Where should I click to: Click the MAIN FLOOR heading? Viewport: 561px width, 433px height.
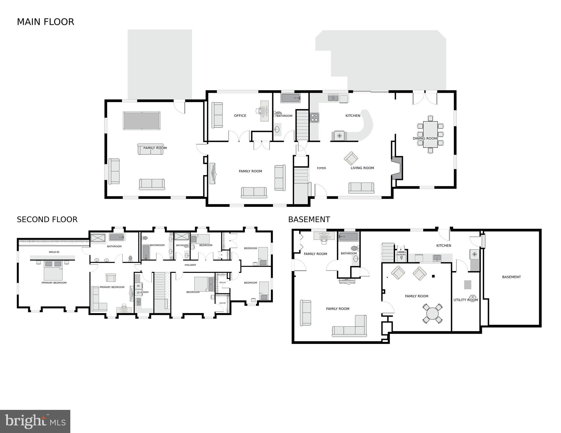click(45, 22)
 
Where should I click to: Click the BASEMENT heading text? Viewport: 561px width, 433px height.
click(309, 219)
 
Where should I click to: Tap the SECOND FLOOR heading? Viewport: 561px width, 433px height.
click(47, 219)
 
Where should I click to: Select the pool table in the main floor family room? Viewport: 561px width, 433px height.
click(142, 120)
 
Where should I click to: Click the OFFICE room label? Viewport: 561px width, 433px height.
click(240, 116)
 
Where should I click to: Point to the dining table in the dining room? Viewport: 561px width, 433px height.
click(430, 134)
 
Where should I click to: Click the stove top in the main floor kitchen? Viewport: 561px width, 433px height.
click(315, 117)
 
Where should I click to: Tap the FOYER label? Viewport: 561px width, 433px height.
click(321, 168)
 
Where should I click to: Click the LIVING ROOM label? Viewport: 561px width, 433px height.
click(362, 168)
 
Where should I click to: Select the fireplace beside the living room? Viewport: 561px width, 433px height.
click(398, 168)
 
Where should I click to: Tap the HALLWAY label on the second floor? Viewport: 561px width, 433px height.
click(190, 265)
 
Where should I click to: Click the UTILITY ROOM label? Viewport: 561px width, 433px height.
click(466, 300)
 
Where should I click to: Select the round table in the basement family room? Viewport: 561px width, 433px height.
click(432, 313)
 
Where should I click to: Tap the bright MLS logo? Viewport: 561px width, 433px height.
click(35, 421)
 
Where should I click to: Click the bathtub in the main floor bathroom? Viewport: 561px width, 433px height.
click(290, 98)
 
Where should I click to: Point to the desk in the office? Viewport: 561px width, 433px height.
click(265, 111)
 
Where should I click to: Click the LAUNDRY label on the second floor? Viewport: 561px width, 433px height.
click(144, 292)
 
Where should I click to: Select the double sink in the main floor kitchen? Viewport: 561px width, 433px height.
click(333, 98)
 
